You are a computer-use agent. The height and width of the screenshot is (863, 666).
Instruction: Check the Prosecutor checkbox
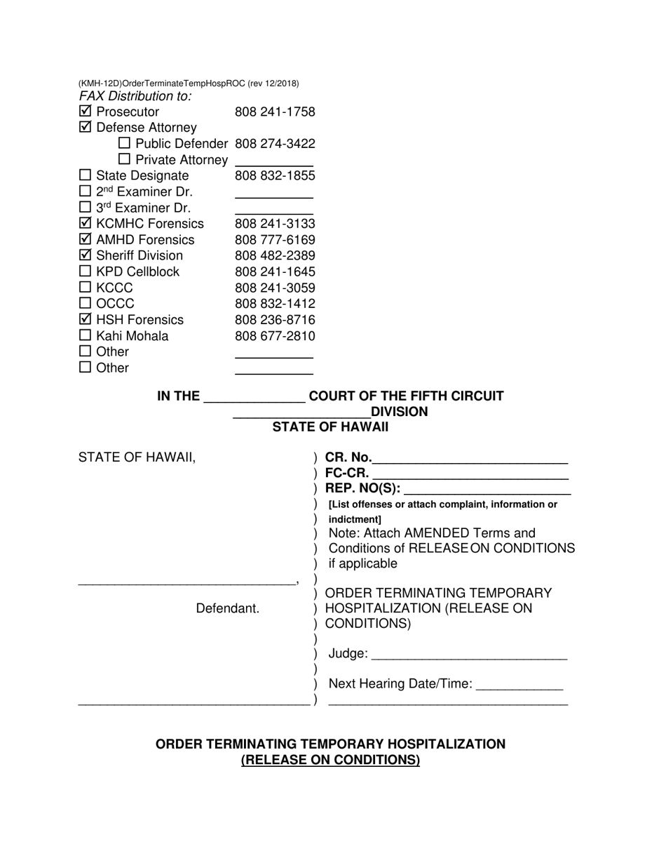(85, 112)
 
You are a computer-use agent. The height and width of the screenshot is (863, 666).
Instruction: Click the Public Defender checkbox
(125, 144)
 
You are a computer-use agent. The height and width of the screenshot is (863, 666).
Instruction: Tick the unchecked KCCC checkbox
(85, 288)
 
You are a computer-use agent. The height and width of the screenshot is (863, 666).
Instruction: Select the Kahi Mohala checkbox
(85, 336)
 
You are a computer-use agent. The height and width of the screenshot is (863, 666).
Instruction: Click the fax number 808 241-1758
(275, 112)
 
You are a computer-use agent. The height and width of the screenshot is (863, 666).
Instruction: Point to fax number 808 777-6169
(275, 240)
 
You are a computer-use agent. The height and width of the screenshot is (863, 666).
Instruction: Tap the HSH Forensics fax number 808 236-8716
(275, 320)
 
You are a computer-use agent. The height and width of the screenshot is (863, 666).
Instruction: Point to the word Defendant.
(227, 608)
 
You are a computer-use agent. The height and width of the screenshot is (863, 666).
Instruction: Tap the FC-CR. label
(346, 473)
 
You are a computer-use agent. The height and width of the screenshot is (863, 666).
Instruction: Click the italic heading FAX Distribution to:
(135, 96)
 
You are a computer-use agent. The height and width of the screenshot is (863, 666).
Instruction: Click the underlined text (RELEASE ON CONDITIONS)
(330, 760)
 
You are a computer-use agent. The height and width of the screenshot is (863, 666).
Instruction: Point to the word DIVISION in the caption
(399, 412)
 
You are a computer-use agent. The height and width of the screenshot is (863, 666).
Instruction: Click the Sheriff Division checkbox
(85, 255)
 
